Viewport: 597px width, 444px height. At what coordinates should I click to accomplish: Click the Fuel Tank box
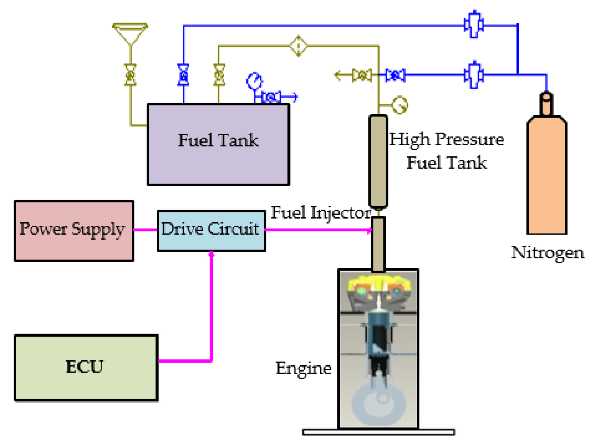tap(218, 144)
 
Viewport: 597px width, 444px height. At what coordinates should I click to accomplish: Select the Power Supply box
tap(74, 231)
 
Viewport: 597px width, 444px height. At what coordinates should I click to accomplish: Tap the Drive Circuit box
tap(211, 230)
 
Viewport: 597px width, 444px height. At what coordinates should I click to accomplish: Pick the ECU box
tap(86, 368)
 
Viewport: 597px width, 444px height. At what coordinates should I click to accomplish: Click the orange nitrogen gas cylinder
tap(547, 174)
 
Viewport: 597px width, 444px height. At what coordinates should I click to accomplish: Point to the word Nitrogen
tap(547, 252)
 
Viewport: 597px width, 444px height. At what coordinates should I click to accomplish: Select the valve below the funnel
tap(130, 75)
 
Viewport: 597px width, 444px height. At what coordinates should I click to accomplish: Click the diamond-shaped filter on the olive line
tap(298, 46)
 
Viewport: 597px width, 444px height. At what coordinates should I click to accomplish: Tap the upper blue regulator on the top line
tap(473, 24)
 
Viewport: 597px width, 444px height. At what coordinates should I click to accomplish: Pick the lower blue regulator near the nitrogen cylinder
tap(473, 75)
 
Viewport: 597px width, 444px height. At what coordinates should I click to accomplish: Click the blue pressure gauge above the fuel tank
tap(254, 81)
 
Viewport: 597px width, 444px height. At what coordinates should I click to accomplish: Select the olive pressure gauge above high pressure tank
tap(399, 105)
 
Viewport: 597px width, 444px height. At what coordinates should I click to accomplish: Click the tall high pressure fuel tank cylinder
tap(378, 161)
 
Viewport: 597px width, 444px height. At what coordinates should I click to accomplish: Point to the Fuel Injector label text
tap(320, 213)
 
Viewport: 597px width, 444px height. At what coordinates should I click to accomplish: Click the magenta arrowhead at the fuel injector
tap(369, 230)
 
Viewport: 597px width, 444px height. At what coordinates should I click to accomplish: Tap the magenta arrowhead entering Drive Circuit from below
tap(212, 255)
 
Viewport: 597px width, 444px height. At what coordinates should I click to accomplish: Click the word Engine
tap(303, 368)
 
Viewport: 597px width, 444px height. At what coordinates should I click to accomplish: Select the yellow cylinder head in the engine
tap(378, 283)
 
